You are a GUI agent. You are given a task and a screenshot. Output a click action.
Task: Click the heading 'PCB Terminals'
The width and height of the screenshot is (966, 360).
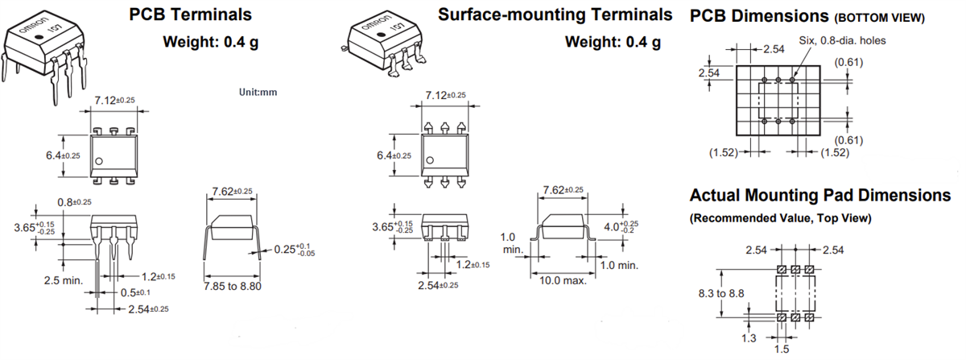tap(190, 14)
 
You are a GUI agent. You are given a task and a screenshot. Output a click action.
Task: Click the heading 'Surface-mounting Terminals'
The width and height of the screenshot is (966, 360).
tap(555, 14)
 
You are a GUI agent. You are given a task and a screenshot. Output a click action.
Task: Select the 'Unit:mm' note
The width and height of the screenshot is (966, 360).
tap(258, 93)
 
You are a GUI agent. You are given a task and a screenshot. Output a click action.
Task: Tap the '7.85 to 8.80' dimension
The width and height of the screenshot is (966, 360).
tap(233, 286)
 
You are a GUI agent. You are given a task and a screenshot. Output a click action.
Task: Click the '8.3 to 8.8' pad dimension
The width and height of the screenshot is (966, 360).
tap(720, 294)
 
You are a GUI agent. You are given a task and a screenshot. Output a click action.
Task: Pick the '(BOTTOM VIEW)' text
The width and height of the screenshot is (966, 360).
tap(878, 17)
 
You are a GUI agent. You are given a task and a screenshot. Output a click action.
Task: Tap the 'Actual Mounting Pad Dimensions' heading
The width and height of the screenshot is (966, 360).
tap(819, 196)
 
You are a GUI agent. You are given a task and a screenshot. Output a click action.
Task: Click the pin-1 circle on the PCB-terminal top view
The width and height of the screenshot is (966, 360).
tap(99, 162)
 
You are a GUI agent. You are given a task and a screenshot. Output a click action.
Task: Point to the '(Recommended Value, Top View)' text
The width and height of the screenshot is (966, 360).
tap(781, 218)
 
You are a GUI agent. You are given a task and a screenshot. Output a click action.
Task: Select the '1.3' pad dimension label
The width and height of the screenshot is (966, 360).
tap(749, 338)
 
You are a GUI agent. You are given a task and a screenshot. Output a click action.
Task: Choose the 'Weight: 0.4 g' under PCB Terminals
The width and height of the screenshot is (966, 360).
tap(211, 42)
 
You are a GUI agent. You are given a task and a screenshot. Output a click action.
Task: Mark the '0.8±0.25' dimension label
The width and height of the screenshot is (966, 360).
tap(74, 201)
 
